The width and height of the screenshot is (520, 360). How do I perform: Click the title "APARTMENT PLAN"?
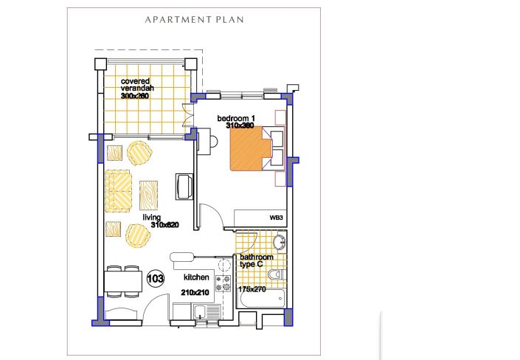pyautogui.click(x=194, y=20)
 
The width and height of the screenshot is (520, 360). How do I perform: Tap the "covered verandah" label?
pyautogui.click(x=136, y=85)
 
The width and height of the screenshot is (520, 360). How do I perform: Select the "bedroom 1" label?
pyautogui.click(x=235, y=119)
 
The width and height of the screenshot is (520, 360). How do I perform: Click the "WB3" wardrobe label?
pyautogui.click(x=276, y=218)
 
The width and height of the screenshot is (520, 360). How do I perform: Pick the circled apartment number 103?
pyautogui.click(x=155, y=279)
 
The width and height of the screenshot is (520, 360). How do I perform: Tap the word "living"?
pyautogui.click(x=152, y=218)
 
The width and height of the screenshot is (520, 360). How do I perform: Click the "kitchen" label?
pyautogui.click(x=197, y=278)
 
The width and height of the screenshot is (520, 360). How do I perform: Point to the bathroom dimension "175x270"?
pyautogui.click(x=252, y=289)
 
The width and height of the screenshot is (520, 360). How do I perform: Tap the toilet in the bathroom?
pyautogui.click(x=275, y=274)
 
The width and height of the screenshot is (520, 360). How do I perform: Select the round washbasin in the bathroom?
pyautogui.click(x=279, y=243)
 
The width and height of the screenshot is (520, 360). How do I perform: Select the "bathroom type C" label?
pyautogui.click(x=256, y=261)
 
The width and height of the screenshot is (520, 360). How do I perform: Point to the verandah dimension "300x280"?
pyautogui.click(x=136, y=96)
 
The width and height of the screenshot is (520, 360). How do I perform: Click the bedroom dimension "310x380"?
pyautogui.click(x=240, y=126)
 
